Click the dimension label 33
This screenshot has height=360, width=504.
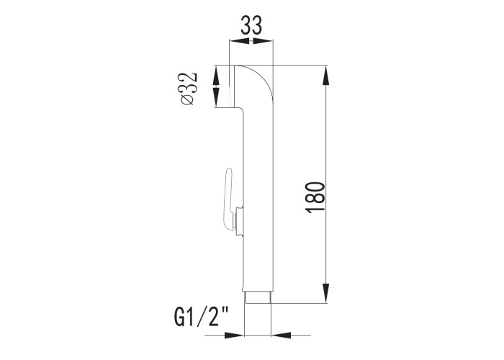[251, 25]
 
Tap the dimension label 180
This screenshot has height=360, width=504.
[315, 197]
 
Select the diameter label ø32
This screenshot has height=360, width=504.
[188, 89]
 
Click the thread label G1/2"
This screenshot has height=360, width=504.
[201, 317]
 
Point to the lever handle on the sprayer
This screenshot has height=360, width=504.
[229, 199]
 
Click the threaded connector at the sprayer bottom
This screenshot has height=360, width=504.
[258, 297]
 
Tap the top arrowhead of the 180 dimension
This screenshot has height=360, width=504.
[326, 75]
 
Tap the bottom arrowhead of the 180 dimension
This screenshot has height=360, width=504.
[326, 293]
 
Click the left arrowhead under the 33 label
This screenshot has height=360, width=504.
[239, 41]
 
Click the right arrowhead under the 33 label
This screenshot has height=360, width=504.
[263, 41]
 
